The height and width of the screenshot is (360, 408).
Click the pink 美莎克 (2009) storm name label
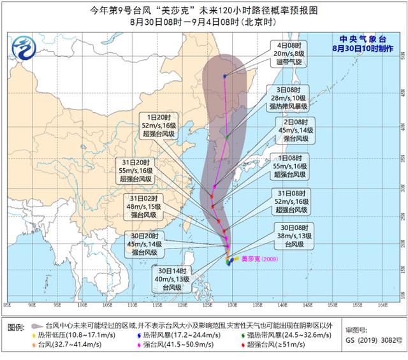258,259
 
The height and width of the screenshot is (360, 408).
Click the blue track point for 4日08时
224,76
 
